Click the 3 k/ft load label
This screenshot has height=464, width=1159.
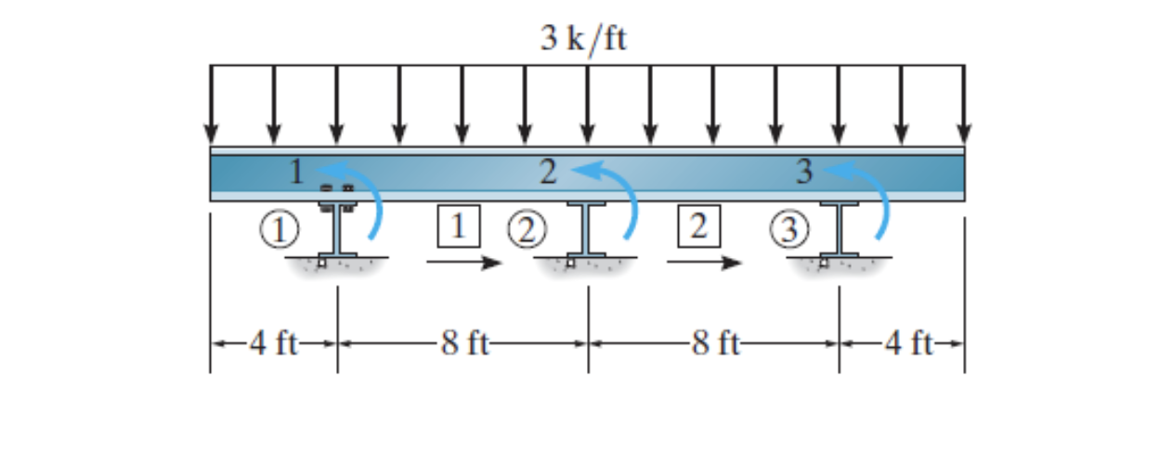click(584, 39)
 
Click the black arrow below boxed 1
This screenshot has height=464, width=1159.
click(463, 263)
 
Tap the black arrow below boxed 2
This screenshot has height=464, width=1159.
click(704, 263)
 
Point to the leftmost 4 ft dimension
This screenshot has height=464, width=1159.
click(273, 344)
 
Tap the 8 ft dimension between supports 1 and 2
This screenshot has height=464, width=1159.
click(463, 344)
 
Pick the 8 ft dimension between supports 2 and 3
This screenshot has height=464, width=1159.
click(714, 344)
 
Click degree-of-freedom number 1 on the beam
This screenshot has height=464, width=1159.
click(295, 172)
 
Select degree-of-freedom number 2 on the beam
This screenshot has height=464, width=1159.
click(549, 172)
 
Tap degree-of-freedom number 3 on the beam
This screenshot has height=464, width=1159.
click(804, 172)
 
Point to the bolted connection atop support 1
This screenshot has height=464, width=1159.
click(337, 192)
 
